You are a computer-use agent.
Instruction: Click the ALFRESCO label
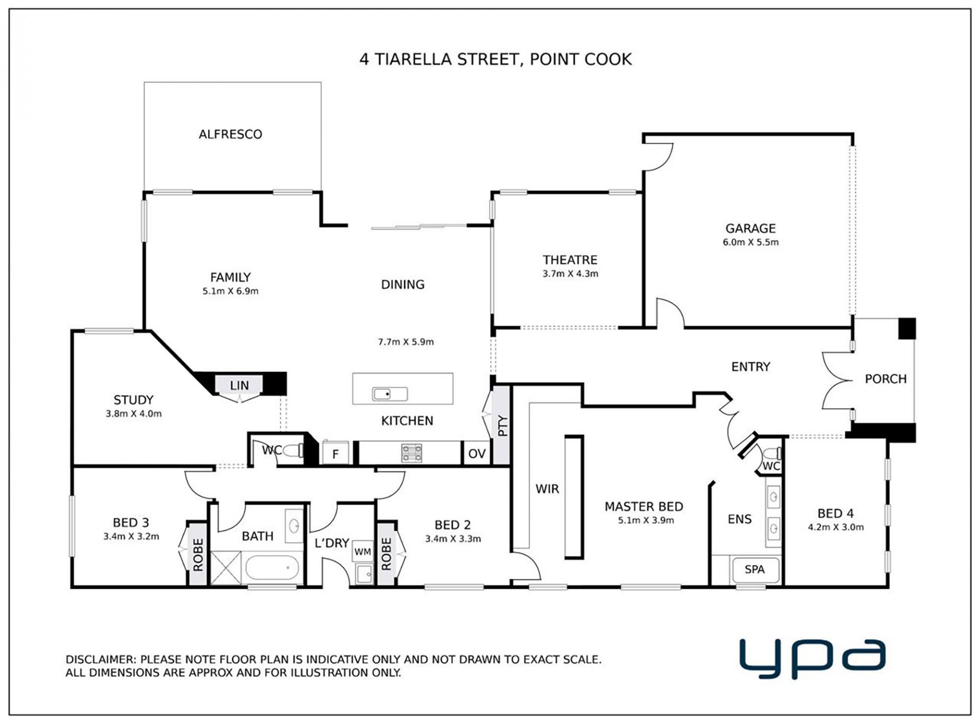tap(230, 134)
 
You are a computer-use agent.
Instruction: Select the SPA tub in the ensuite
tap(755, 569)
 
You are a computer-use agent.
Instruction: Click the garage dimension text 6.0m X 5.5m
tap(750, 242)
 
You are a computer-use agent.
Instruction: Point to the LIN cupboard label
tap(239, 386)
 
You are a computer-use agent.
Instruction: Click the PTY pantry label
tap(502, 426)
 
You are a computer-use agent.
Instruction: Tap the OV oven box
tap(477, 454)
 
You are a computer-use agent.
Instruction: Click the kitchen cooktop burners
tap(412, 453)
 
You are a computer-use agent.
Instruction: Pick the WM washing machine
tap(363, 552)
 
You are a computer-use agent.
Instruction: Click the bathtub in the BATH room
tap(272, 569)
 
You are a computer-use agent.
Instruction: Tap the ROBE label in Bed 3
tap(198, 555)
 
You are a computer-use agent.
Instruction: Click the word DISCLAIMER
tap(100, 659)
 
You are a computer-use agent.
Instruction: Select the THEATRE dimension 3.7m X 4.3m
tap(570, 274)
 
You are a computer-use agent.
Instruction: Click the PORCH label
tap(886, 379)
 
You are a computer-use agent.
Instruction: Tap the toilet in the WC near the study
tap(293, 451)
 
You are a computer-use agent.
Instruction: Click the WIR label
tap(547, 489)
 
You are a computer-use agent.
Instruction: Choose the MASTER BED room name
tap(644, 507)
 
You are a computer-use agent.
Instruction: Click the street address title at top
tap(496, 59)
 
